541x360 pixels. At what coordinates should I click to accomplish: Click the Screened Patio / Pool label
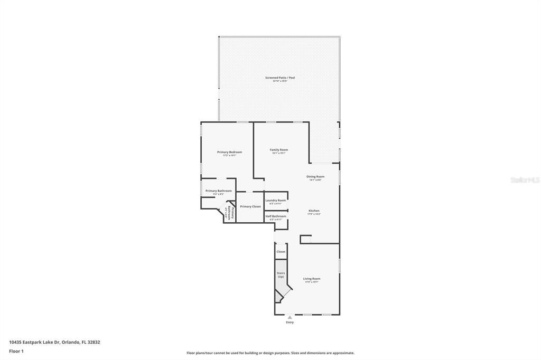point(280,78)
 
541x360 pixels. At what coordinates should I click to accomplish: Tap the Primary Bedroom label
point(229,152)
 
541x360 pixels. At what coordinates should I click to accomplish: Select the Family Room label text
point(279,150)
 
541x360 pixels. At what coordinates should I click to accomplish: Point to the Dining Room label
point(315,177)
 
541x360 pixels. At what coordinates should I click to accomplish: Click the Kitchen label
point(314,211)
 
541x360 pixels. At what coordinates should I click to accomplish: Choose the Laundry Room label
point(275,201)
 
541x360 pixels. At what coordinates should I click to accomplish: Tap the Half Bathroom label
point(276,216)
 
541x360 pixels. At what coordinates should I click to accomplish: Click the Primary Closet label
point(250,206)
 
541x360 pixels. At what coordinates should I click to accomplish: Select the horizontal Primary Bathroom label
point(218,191)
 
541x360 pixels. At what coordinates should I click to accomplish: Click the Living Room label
point(312,279)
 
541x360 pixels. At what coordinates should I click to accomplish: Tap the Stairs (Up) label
point(281,274)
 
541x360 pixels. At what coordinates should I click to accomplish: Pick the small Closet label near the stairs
point(281,252)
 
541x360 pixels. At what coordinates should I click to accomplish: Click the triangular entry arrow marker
point(290,317)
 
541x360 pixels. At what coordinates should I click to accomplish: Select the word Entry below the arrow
point(290,322)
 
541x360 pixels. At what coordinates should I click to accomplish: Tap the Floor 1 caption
point(16,351)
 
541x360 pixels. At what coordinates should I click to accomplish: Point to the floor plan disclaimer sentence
point(270,353)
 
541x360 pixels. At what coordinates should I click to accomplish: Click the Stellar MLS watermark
point(525,180)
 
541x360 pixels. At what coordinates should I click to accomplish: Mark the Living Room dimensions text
point(312,282)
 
